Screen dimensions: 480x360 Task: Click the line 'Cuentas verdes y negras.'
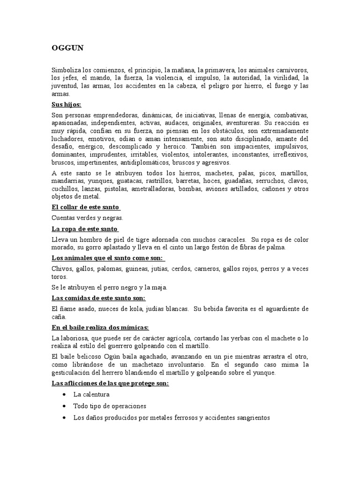click(87, 217)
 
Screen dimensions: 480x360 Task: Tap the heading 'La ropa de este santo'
click(84, 229)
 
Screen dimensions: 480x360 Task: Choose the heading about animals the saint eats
click(107, 258)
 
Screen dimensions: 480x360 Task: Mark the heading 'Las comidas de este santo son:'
click(99, 298)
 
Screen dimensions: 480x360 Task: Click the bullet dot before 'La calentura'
click(63, 394)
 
